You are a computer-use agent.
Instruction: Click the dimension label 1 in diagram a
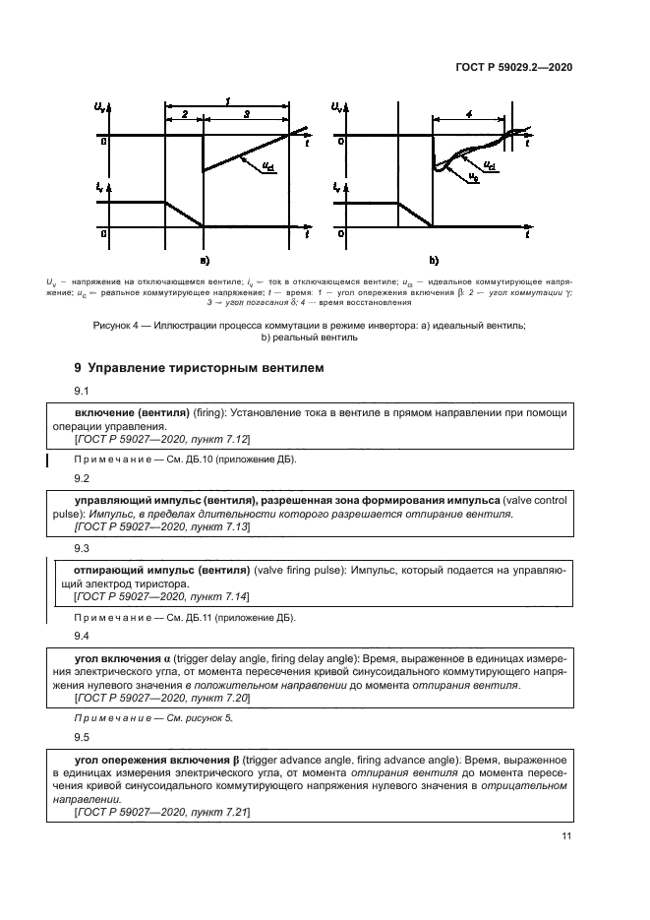point(228,101)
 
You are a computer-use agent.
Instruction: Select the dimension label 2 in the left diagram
point(185,115)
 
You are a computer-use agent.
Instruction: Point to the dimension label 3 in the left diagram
point(246,115)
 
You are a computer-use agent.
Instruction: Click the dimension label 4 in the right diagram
point(469,115)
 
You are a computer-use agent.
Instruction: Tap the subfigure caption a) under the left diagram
point(204,262)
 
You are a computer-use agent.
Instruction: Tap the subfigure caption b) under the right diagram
point(433,262)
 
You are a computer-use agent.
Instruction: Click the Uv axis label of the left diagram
point(100,106)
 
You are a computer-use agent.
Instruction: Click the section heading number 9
point(79,368)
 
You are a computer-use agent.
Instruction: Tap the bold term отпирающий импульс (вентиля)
point(162,570)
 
